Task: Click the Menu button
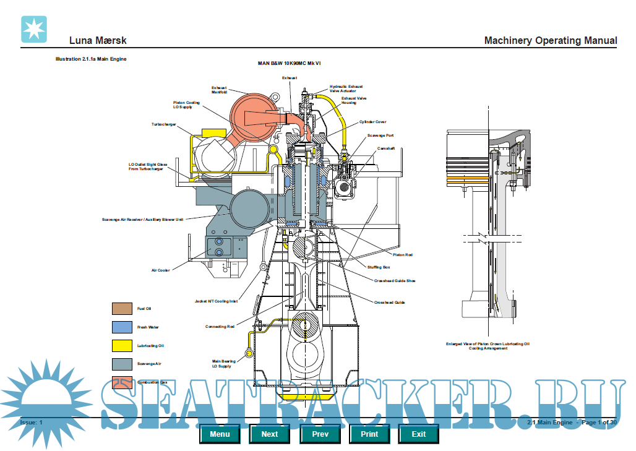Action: (220, 434)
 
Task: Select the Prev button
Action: (320, 434)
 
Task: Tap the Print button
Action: (369, 434)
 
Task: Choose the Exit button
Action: (419, 434)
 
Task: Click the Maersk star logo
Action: (34, 29)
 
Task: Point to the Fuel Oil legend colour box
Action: (122, 308)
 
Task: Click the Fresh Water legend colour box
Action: (122, 327)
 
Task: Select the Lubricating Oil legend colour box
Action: (122, 345)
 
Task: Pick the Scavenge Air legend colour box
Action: (122, 364)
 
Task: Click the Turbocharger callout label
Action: (163, 124)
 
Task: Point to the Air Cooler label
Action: (160, 270)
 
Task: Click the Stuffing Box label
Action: (379, 267)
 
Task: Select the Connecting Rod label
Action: (220, 327)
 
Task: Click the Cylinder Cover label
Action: (372, 122)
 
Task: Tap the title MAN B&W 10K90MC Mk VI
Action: (290, 63)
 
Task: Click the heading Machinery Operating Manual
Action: (550, 41)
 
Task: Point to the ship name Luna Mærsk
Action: (98, 41)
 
